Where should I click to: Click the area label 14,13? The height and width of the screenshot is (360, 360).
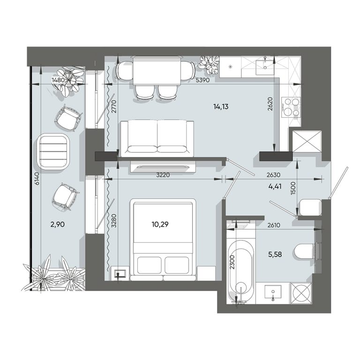tap(221, 107)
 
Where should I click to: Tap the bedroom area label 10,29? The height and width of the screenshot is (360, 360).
tap(160, 225)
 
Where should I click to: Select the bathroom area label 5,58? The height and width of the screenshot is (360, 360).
tap(275, 255)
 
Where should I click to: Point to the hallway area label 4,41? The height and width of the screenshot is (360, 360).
tap(275, 186)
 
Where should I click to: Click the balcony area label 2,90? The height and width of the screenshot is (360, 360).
tap(57, 225)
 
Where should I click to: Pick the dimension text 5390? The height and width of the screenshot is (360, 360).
tap(202, 80)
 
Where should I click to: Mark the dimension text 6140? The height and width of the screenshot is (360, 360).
tap(37, 179)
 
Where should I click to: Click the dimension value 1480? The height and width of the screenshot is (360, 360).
tap(59, 80)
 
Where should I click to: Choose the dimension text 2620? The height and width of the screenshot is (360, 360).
tap(270, 104)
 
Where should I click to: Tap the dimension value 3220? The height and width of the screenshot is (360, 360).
tap(163, 175)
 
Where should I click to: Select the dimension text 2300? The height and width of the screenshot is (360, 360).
tap(232, 262)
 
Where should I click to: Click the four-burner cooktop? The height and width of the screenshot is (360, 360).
tap(291, 107)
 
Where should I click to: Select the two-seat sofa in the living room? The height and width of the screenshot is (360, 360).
tap(157, 138)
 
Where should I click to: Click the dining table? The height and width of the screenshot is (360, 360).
tap(157, 70)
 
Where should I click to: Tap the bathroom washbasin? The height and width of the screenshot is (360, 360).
tap(273, 293)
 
